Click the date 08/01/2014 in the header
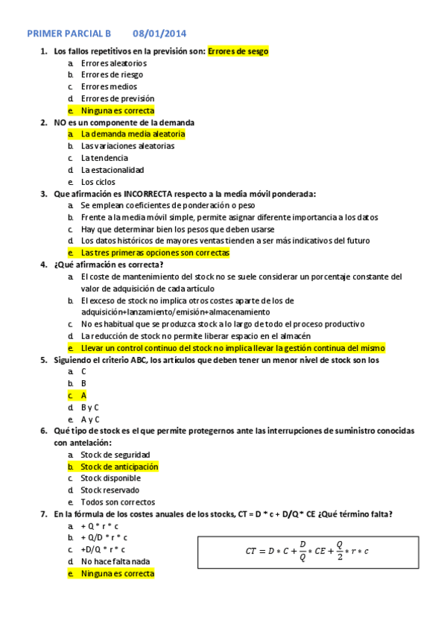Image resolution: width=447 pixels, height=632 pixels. coord(159,34)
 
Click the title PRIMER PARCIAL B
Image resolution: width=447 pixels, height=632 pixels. coord(69,34)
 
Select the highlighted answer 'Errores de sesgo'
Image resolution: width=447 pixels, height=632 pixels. coord(238,51)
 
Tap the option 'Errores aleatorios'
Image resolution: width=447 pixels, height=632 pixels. coord(114,63)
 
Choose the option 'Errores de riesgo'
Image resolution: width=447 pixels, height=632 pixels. coord(112,75)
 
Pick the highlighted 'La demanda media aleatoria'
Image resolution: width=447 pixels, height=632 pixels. coord(133,134)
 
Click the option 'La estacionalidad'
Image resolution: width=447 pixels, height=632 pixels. coord(112,170)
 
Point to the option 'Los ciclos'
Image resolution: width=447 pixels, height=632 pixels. coord(98,182)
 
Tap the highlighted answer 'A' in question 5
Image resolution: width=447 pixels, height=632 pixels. coord(84,396)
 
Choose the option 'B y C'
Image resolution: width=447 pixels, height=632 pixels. coord(90,408)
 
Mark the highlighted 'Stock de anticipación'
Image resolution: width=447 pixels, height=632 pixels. coord(119,467)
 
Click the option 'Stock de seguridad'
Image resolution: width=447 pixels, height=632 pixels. coord(115,455)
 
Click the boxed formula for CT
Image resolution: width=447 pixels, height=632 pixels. coord(308,551)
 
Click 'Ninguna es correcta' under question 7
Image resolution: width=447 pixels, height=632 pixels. coord(118,574)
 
